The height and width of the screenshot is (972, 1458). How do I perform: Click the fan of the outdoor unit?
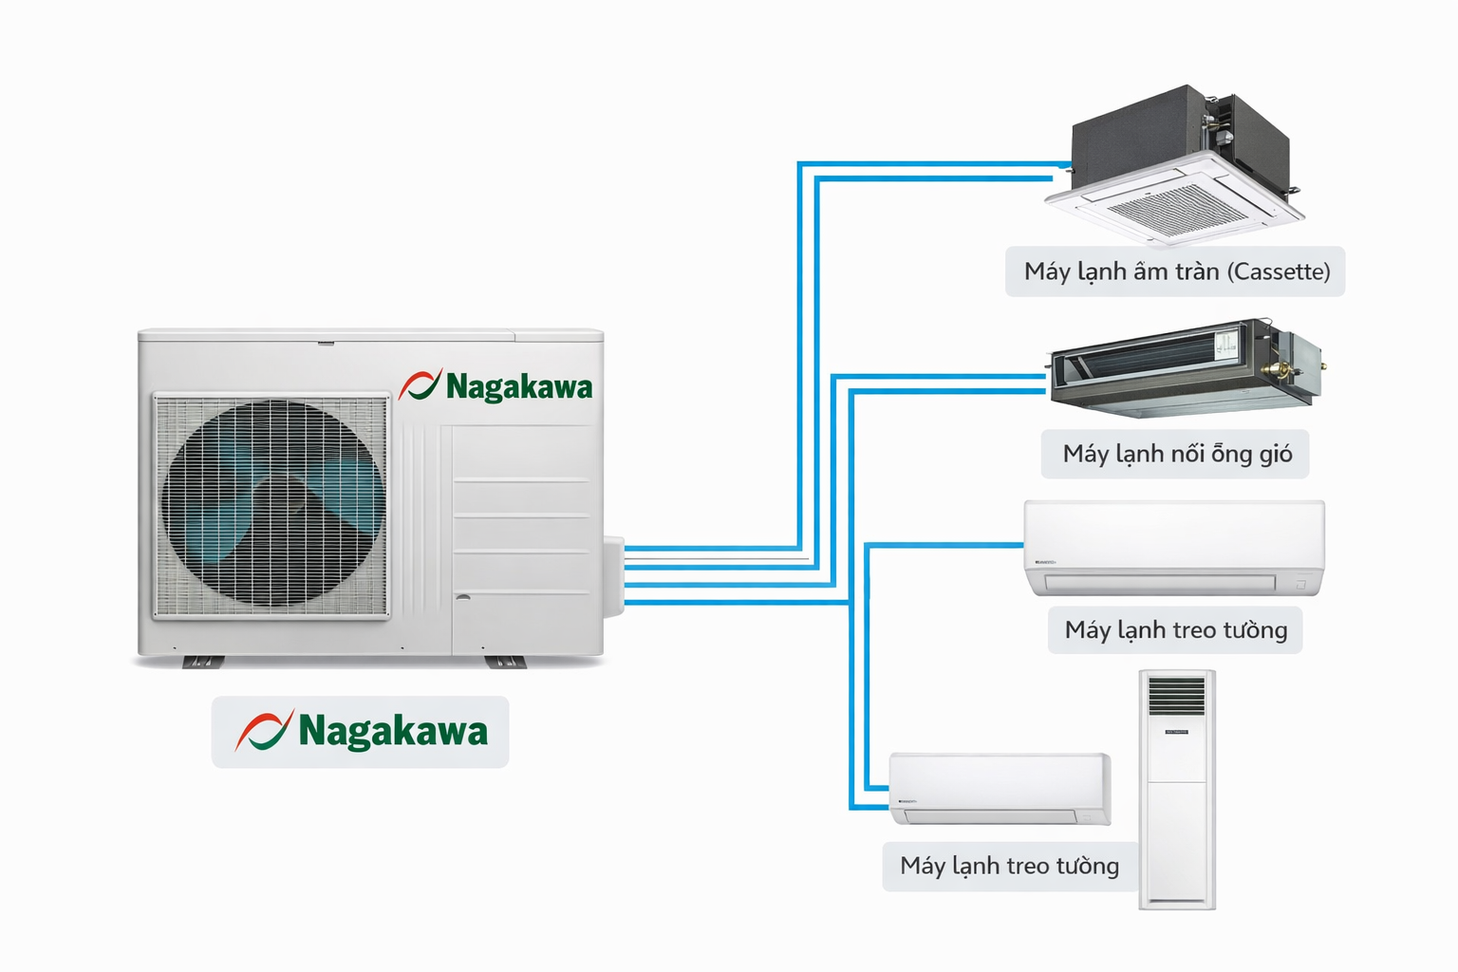point(272,503)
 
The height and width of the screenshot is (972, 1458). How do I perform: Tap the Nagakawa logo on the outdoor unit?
point(495,385)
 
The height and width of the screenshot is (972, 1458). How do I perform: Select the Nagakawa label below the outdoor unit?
point(361,732)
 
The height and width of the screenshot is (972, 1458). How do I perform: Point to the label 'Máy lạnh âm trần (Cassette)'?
point(1175,271)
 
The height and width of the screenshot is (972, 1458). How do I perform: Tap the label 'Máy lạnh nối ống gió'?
point(1175,454)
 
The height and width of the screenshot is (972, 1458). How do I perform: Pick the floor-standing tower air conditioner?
point(1177,790)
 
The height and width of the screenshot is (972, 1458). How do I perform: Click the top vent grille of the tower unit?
point(1177,696)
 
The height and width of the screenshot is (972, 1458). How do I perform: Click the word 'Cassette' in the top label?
point(1280,271)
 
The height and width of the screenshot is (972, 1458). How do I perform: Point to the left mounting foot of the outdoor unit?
point(202,662)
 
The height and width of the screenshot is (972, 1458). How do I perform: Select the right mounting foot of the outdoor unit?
point(505,662)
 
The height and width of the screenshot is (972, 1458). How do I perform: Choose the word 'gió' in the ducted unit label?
point(1276,455)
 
